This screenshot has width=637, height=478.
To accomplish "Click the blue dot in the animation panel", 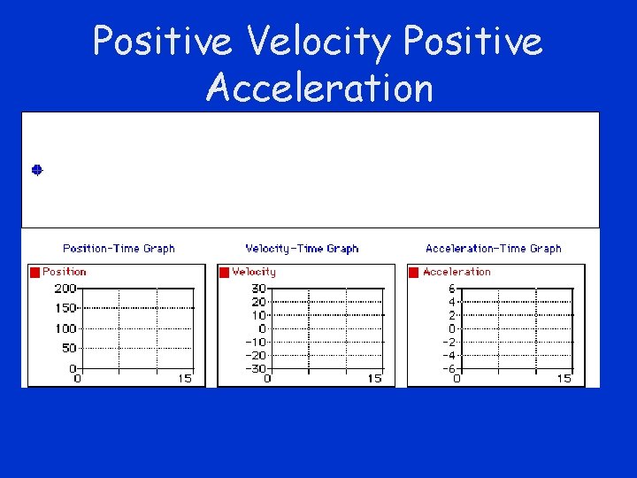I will tap(37, 169).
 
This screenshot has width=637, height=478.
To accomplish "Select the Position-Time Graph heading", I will tap(119, 249).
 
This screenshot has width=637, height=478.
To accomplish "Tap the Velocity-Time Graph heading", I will tap(302, 249).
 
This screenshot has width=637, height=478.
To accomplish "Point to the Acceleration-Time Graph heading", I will tap(493, 249).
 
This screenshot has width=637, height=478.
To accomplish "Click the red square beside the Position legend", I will tap(35, 273).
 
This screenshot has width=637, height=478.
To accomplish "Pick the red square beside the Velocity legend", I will tap(225, 273).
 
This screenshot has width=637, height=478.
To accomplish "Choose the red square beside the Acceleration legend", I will tap(414, 273).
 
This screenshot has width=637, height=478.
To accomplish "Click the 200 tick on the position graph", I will tap(65, 289).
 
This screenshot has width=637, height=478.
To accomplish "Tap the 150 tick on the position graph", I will tap(65, 308).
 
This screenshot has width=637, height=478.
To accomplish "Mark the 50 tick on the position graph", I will tap(69, 348).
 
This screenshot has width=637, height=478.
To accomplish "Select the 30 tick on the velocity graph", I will tap(258, 289).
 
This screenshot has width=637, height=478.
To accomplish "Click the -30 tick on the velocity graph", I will tap(255, 368).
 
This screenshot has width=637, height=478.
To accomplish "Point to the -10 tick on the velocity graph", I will tap(255, 342).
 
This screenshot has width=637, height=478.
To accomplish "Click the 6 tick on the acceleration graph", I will tap(450, 289).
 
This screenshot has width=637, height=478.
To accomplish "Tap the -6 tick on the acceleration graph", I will tap(448, 368).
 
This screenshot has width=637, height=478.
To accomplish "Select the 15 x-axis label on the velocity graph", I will tap(374, 379).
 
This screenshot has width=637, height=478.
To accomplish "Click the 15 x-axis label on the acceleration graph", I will tap(564, 379).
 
